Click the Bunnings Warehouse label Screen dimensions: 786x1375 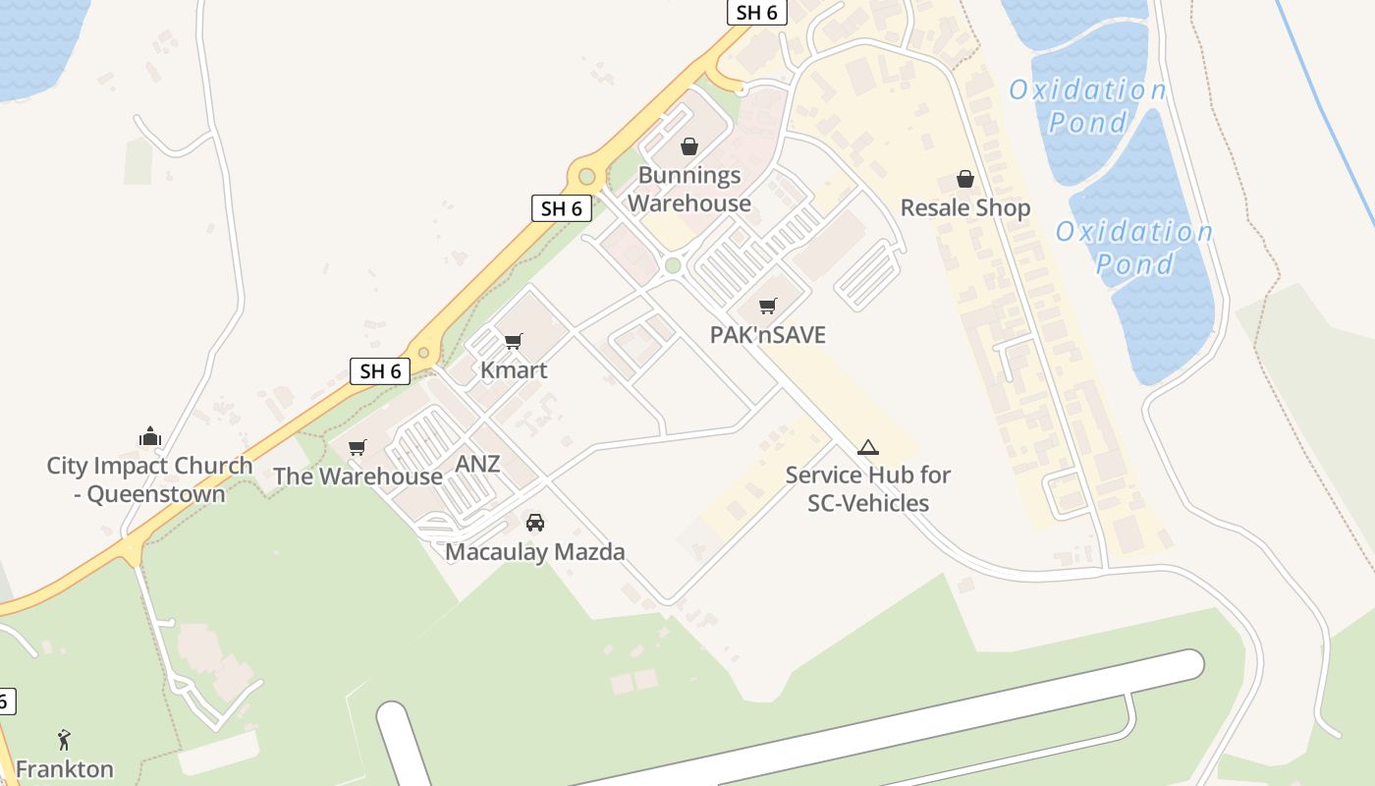coord(689,190)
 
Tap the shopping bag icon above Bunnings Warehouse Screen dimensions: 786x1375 coord(689,147)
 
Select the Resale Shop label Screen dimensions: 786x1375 coord(964,208)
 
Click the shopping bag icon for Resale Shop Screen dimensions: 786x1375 coord(965,179)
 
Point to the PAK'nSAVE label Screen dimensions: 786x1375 coord(767,335)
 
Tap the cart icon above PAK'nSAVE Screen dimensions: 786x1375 coord(767,306)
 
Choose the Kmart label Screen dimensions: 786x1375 coord(513,370)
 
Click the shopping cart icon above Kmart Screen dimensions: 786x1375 coord(513,341)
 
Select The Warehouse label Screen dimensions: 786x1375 coord(357,477)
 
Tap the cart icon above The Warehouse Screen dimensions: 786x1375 coord(357,447)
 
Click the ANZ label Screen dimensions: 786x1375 coord(477,464)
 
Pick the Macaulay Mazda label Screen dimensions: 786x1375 coord(535,552)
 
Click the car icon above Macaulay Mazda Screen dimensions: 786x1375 coord(535,522)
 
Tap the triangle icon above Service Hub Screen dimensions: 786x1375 coord(867,448)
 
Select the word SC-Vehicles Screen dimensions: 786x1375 coord(868,504)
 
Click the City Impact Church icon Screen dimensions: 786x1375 coord(150,436)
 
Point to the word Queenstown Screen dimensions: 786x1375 coord(156,494)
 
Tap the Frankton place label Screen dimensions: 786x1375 coord(65,768)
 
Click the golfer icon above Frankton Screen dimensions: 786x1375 coord(65,739)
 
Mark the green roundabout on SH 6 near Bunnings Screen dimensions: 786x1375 coord(587,177)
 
